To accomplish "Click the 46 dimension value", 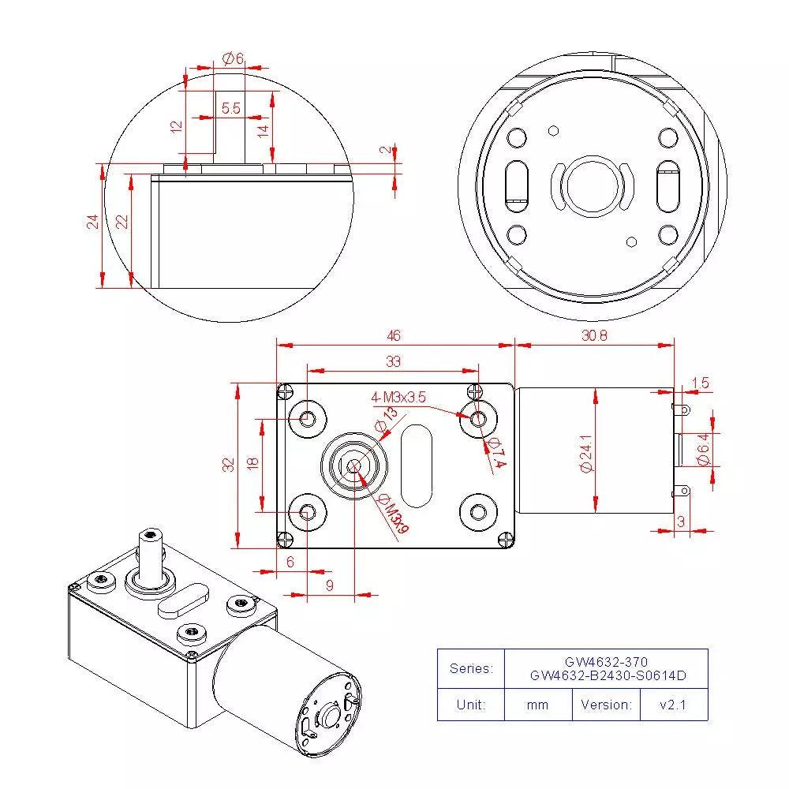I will [x=394, y=335].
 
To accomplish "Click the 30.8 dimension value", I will [x=593, y=335].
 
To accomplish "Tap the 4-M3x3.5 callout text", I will [x=398, y=398].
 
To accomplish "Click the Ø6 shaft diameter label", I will [x=232, y=58].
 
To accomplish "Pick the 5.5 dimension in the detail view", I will [x=230, y=108].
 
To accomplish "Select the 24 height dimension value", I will [x=93, y=222].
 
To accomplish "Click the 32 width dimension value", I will [x=229, y=465].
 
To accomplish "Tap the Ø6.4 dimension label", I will [x=703, y=448].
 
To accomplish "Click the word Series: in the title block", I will [x=471, y=668].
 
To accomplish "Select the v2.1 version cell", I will [x=673, y=705].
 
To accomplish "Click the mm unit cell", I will [x=537, y=705].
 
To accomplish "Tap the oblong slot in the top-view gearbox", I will [x=416, y=466].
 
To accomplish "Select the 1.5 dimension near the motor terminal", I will [x=699, y=383].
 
